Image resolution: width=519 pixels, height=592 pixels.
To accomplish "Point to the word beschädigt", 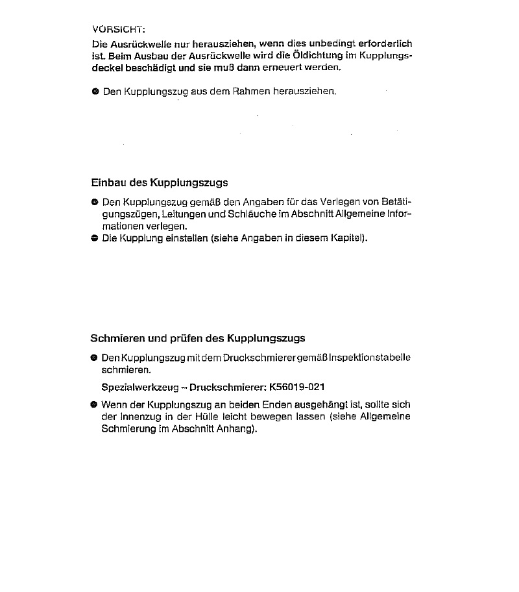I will pos(149,67).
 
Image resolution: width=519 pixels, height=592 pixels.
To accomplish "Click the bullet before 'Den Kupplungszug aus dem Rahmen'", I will pos(95,92).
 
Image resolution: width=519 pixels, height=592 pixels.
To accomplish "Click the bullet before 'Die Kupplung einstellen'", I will pos(95,238).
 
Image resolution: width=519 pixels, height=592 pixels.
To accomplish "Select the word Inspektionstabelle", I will pos(370,358).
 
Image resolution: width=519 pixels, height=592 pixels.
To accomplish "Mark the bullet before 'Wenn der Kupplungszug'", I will pos(95,404).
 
